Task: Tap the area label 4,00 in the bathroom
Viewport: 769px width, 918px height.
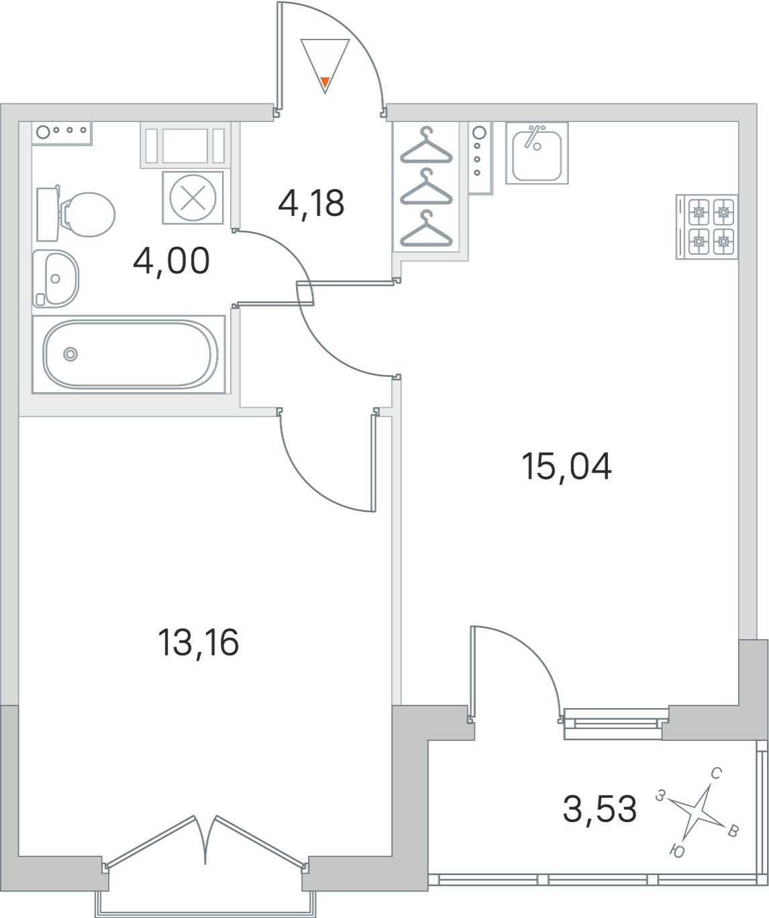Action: click(x=171, y=261)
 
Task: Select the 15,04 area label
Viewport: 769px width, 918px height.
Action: click(x=566, y=467)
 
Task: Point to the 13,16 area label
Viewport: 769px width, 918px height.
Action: click(x=198, y=642)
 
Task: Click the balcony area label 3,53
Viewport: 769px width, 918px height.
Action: click(x=600, y=809)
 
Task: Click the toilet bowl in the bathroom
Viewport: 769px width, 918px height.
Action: click(x=88, y=215)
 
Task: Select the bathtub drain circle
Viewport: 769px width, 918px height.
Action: click(x=70, y=354)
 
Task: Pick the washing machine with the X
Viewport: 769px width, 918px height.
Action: click(x=193, y=197)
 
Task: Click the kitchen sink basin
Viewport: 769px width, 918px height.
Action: click(x=537, y=153)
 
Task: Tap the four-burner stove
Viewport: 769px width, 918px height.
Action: click(x=707, y=227)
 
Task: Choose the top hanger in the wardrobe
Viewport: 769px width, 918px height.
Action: click(x=426, y=146)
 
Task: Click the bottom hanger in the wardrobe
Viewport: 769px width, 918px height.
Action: click(x=426, y=229)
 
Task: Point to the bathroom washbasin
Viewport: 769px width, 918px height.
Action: click(x=56, y=279)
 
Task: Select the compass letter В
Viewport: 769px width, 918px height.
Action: click(x=733, y=831)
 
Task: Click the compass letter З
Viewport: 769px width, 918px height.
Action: click(x=660, y=795)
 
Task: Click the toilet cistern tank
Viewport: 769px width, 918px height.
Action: click(x=48, y=214)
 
